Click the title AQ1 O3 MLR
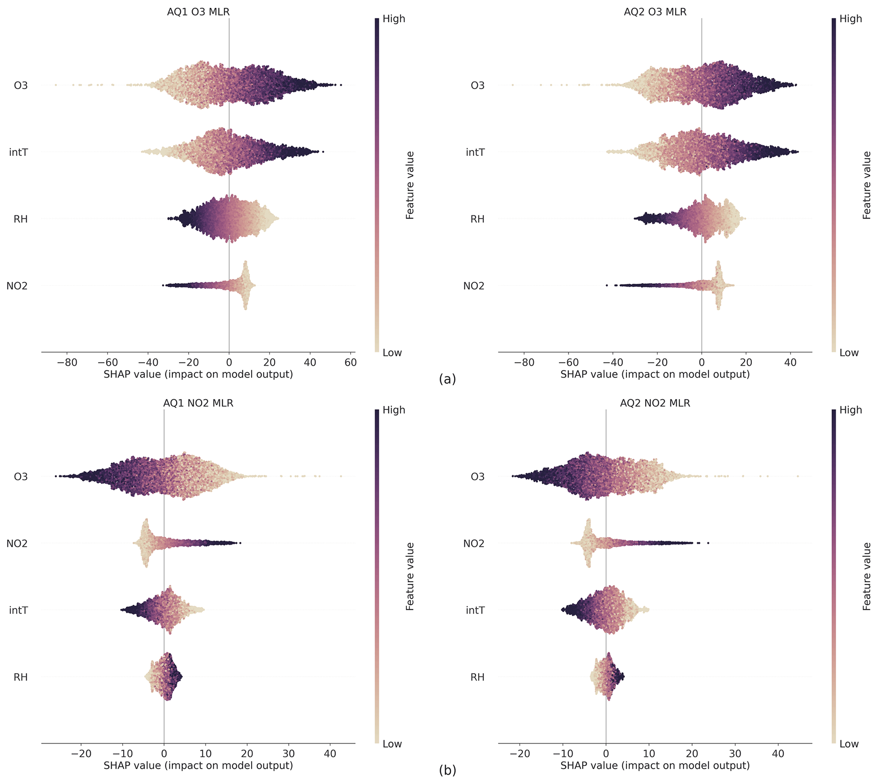[x=198, y=12]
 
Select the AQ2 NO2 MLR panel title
[x=655, y=403]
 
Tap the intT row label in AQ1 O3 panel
[x=19, y=152]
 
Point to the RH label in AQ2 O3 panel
[x=477, y=219]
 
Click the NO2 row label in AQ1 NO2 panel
[x=17, y=543]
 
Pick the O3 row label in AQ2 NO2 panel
[x=477, y=477]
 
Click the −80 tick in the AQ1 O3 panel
[x=67, y=363]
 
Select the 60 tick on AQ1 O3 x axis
[x=351, y=363]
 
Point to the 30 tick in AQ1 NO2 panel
[x=289, y=754]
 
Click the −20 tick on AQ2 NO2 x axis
[x=519, y=754]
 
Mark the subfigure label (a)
[x=447, y=379]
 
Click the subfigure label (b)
[x=447, y=770]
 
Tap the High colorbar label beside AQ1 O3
[x=394, y=19]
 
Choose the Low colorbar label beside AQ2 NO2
[x=849, y=744]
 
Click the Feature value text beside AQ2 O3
[x=867, y=185]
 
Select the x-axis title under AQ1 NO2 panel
[x=198, y=765]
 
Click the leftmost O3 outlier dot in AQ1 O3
[x=56, y=85]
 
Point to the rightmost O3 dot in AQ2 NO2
[x=798, y=476]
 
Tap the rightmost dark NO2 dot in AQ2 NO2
[x=708, y=543]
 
